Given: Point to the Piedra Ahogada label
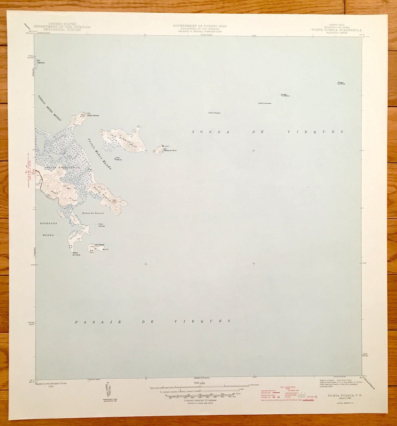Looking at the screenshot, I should [x=215, y=113].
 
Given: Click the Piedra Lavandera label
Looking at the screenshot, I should [x=265, y=103].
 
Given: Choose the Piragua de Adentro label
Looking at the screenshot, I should [x=285, y=95].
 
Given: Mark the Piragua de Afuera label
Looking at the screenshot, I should [x=341, y=83].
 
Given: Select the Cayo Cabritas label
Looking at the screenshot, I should [x=102, y=225].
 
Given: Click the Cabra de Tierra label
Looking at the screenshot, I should [x=76, y=254].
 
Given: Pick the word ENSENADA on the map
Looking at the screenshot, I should [x=49, y=224].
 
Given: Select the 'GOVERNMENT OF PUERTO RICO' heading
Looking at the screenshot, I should [x=200, y=26].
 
